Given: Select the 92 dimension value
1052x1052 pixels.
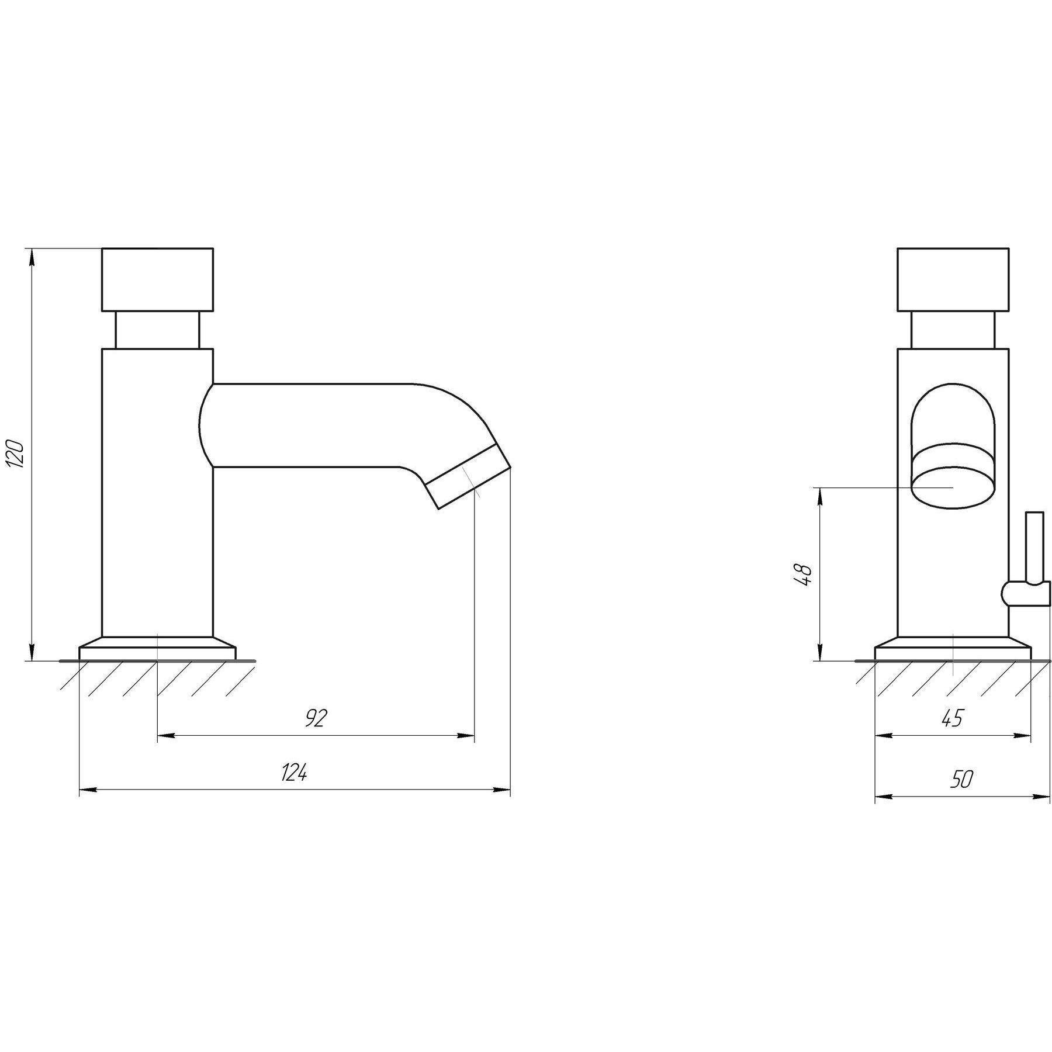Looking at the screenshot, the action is [316, 718].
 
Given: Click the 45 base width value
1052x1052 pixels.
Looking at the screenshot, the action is [952, 718].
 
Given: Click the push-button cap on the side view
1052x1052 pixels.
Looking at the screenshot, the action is [157, 279].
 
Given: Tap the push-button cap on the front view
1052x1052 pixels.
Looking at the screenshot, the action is [953, 279].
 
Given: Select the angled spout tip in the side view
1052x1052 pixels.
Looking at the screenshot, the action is [468, 476].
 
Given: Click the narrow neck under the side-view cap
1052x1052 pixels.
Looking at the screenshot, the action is [157, 330].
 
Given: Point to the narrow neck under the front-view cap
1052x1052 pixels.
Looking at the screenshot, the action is [953, 330].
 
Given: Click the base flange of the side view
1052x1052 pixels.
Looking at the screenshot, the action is [157, 648].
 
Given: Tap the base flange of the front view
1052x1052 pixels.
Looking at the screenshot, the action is [953, 648].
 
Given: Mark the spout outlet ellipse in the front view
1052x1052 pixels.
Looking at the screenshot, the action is [953, 486].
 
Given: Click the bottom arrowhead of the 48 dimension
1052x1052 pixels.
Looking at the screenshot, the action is [821, 650].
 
